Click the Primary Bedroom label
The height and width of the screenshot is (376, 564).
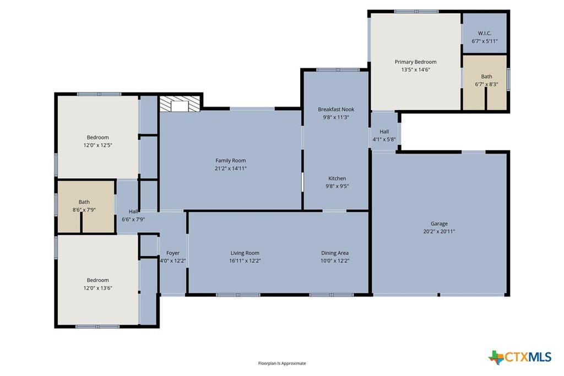tap(415, 62)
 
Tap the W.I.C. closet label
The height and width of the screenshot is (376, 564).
tap(485, 33)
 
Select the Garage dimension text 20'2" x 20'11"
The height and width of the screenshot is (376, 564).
tap(439, 231)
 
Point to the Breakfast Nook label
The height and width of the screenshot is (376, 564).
tap(336, 110)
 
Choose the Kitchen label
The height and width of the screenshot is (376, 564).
tap(337, 178)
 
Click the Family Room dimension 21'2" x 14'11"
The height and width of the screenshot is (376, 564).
tap(230, 168)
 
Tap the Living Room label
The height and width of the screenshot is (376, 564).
tap(245, 253)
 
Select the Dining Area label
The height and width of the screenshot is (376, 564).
tap(335, 253)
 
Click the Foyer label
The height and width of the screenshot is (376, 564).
tap(173, 253)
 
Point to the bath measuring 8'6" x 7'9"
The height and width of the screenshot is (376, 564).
tap(84, 206)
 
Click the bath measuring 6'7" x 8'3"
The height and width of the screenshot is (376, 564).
tap(486, 80)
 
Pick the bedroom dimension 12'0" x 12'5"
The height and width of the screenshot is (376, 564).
tap(97, 145)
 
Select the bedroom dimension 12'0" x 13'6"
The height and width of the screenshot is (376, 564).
tap(97, 288)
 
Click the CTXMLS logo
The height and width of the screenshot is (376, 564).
tap(519, 357)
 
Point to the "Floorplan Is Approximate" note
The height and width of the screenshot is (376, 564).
tap(282, 363)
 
